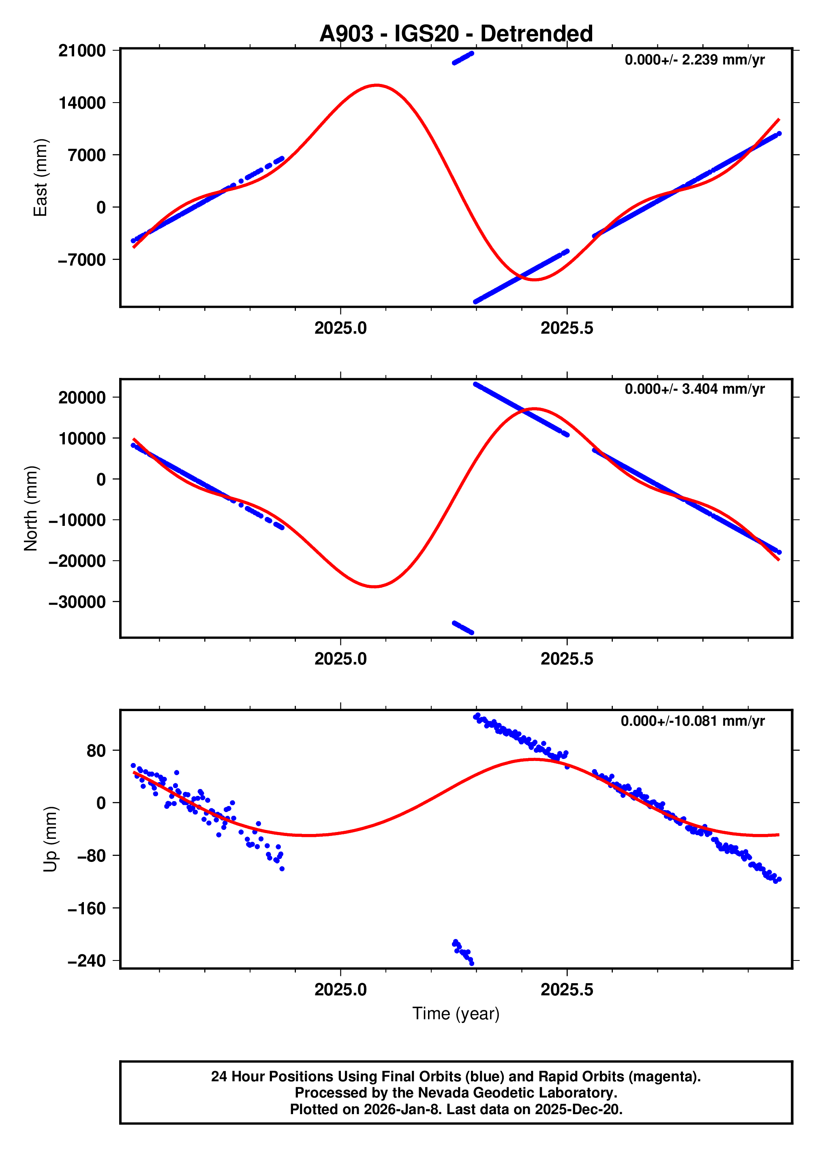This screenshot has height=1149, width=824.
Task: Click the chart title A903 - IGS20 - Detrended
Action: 456,33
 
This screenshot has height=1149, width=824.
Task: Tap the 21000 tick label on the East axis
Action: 82,51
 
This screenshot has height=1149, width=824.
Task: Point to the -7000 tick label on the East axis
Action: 82,260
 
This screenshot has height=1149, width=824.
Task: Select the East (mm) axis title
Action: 41,177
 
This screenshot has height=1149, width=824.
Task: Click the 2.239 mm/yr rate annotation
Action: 694,60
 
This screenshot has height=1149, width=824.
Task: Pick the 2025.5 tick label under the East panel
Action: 567,328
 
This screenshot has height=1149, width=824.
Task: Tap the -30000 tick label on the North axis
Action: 77,602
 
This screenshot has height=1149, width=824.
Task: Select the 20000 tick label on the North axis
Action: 82,397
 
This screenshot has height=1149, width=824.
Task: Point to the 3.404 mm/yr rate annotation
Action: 694,389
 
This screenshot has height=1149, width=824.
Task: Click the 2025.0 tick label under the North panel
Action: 340,659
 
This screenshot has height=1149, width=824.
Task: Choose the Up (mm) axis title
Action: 50,839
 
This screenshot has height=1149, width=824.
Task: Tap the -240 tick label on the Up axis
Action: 87,960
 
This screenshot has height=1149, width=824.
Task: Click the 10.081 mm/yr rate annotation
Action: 692,721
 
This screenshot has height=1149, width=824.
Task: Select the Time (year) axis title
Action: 456,1013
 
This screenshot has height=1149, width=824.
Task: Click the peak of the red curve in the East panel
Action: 377,85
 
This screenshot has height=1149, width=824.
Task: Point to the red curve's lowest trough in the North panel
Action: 374,587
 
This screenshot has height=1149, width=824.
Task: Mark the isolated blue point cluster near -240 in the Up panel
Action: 463,952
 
